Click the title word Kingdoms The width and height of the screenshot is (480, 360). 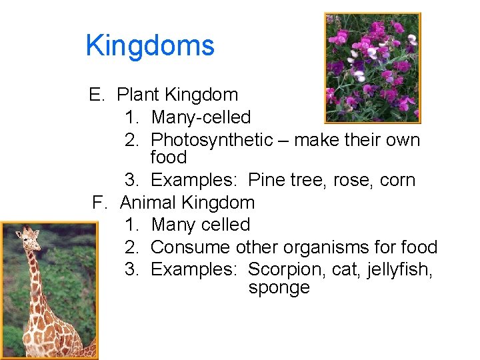click(x=150, y=46)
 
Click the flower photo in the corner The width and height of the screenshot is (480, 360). click(x=372, y=68)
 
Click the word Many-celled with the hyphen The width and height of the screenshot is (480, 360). click(x=201, y=117)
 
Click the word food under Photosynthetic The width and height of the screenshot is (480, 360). click(x=169, y=157)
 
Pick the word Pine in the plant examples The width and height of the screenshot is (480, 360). click(x=266, y=180)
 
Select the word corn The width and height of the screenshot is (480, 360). click(x=401, y=180)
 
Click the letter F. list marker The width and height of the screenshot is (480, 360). click(x=99, y=202)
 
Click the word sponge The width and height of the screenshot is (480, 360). click(x=279, y=288)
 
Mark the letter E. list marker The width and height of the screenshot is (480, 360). click(x=97, y=95)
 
